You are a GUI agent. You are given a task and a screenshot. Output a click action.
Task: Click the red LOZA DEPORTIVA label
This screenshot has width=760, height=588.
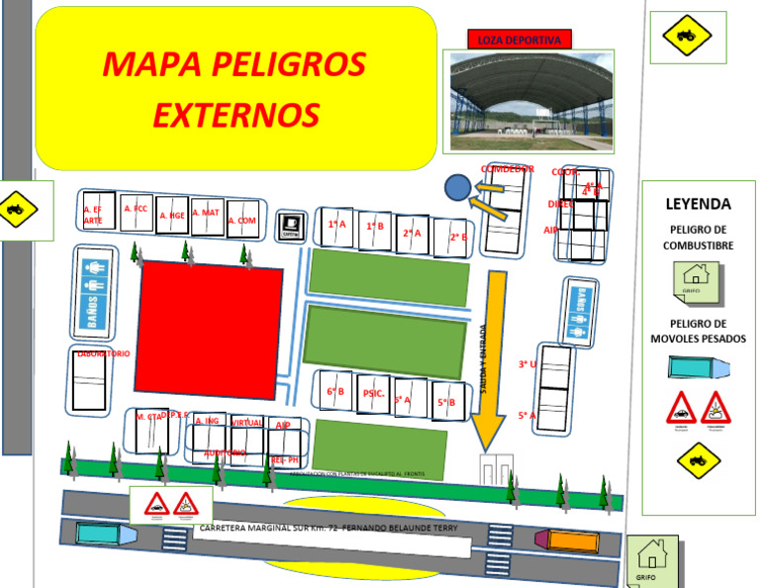click(x=519, y=40)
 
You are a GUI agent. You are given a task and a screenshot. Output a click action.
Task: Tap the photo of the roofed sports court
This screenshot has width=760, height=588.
click(x=529, y=101)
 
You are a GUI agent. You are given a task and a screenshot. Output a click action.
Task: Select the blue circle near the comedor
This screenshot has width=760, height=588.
click(x=457, y=186)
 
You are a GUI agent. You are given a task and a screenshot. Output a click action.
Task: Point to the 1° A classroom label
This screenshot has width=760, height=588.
click(x=337, y=225)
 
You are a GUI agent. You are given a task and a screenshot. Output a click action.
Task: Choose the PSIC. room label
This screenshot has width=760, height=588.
click(x=374, y=393)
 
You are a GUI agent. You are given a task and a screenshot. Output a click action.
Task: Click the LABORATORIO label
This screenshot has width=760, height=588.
click(x=104, y=353)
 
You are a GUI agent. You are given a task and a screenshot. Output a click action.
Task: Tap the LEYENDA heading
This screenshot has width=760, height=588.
click(x=698, y=205)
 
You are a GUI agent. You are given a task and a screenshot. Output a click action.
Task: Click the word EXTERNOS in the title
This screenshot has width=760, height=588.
click(x=237, y=116)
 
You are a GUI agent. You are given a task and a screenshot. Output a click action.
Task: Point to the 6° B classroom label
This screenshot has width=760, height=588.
click(x=335, y=391)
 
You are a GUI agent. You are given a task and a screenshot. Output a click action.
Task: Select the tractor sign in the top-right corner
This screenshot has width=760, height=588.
click(x=686, y=37)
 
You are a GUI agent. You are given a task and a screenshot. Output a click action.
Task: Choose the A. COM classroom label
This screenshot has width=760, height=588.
click(x=242, y=221)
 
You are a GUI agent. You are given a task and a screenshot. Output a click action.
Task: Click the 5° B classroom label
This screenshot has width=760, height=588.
click(x=446, y=402)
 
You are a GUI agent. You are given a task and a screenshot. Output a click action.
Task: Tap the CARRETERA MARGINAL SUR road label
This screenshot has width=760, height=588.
click(x=330, y=529)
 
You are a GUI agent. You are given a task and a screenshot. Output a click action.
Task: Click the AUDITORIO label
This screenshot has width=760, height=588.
click(x=225, y=452)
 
